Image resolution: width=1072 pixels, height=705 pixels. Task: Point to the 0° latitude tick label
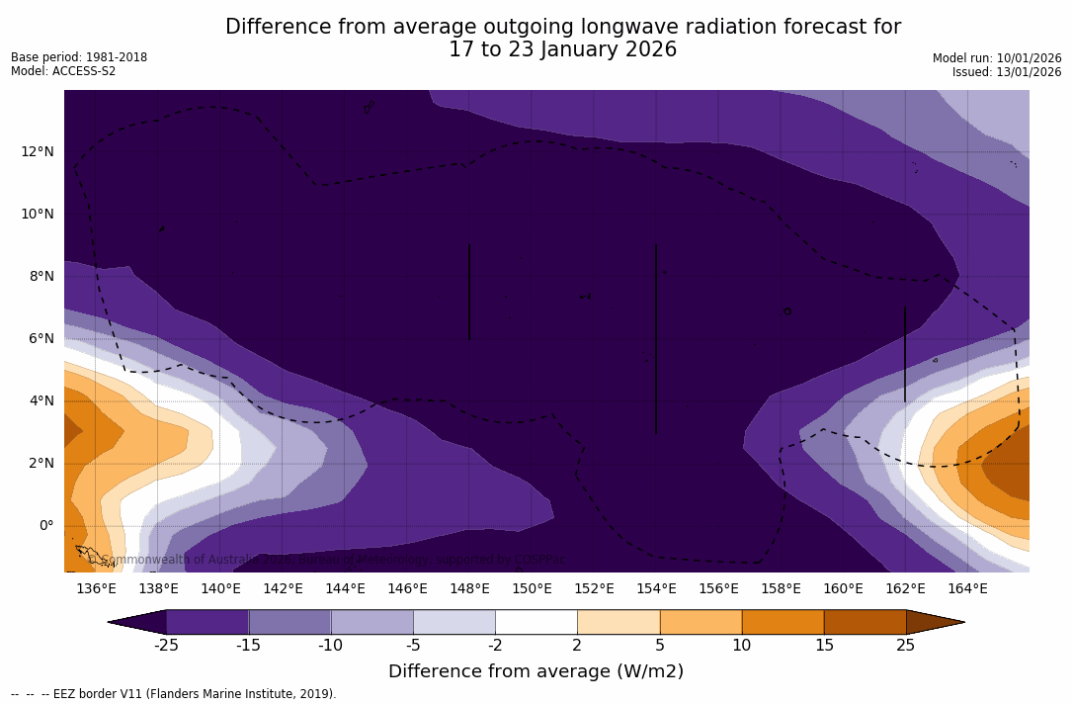[45, 526]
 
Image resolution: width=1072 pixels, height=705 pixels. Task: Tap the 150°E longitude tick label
[532, 589]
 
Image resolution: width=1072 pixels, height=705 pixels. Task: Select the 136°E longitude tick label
[96, 589]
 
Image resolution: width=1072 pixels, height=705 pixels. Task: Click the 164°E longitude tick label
[967, 589]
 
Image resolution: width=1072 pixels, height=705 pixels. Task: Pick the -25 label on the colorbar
[166, 646]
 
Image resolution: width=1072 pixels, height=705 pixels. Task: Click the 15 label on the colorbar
[823, 646]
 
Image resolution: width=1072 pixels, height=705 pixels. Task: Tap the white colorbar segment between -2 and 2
[536, 622]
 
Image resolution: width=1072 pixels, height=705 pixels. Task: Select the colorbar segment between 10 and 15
[782, 622]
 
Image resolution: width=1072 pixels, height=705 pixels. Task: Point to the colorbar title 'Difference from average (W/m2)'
[536, 671]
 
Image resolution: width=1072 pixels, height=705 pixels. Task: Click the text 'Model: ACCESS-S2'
[63, 71]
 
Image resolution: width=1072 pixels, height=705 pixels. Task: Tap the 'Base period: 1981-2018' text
[79, 57]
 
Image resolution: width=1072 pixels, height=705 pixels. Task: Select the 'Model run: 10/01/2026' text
[997, 58]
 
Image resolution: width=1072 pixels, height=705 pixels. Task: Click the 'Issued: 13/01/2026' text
[1007, 72]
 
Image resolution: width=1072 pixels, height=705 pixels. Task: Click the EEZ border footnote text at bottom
[174, 694]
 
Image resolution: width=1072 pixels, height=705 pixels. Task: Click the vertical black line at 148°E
[469, 292]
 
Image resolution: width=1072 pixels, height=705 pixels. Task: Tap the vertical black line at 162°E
[905, 353]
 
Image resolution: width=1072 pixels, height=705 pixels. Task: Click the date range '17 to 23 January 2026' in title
[562, 49]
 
